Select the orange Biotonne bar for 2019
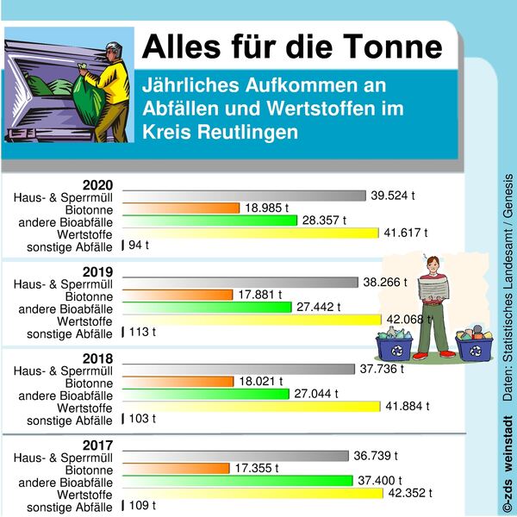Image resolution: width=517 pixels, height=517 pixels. pos(178,294)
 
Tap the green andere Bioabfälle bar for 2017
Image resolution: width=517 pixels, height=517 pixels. pos(237,480)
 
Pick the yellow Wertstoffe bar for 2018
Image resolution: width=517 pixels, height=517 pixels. pos(251,406)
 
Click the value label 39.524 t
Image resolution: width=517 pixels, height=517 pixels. pos(393,196)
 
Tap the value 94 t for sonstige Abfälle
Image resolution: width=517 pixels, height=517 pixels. pos(139,246)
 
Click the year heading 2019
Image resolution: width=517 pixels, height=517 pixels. pos(97,271)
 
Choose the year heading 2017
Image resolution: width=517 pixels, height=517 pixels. pos(97,444)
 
